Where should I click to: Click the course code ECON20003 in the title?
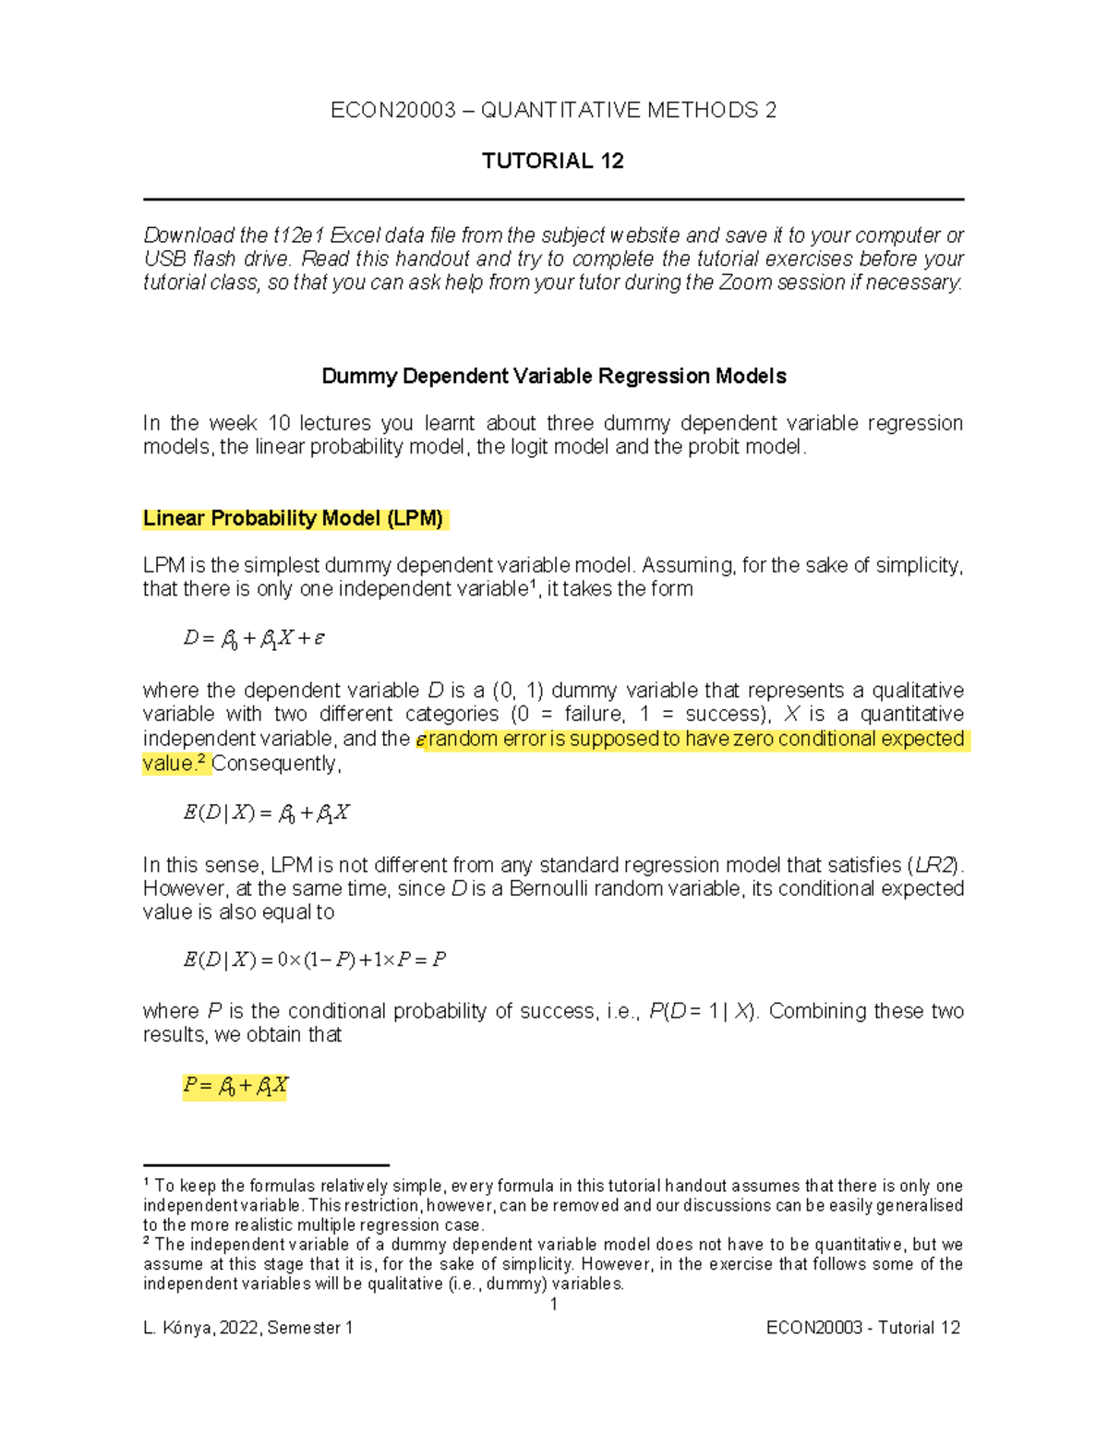pos(393,111)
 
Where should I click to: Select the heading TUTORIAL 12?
pos(552,161)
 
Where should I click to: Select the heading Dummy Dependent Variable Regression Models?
pos(553,376)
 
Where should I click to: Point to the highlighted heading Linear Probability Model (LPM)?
pos(293,518)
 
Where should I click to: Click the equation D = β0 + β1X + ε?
pos(254,638)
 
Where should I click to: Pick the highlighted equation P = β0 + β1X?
pos(235,1086)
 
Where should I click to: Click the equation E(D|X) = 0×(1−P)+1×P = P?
pos(314,959)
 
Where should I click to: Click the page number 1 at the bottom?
pos(553,1304)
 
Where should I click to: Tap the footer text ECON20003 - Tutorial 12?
pos(862,1328)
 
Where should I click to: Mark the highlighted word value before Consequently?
pos(168,764)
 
